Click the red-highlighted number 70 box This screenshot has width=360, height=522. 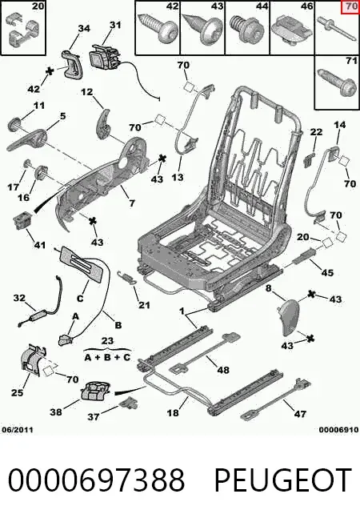tap(350, 7)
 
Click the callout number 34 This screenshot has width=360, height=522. tap(84, 28)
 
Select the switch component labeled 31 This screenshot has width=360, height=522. tap(104, 58)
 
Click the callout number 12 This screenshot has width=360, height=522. tap(87, 91)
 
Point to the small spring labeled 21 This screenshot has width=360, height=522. tap(127, 277)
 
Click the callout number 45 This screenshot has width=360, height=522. tap(327, 272)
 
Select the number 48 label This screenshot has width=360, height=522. tap(222, 369)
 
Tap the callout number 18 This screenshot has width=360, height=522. tap(172, 413)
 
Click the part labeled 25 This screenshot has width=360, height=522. tap(34, 361)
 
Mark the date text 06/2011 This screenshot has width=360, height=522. tap(18, 430)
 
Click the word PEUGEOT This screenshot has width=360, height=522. tap(283, 480)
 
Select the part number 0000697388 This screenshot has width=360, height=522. tap(96, 480)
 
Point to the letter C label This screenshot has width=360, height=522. tap(80, 298)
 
